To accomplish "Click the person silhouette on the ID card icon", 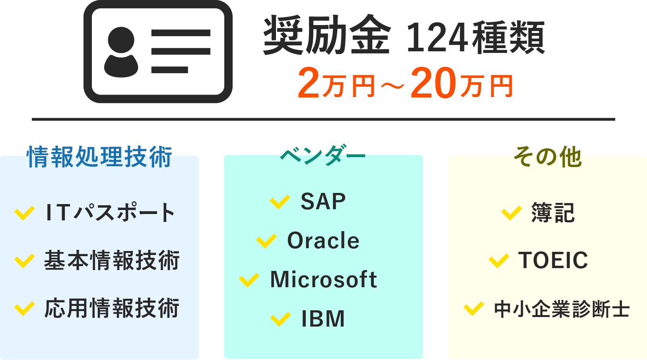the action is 121,52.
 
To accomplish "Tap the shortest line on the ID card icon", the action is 169,70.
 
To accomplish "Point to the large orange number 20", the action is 433,83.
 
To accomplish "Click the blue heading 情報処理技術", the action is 100,157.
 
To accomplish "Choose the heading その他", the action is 548,157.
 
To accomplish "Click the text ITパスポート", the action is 110,213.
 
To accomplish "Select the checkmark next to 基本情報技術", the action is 25,261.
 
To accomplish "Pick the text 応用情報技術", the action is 112,308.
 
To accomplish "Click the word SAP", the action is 323,201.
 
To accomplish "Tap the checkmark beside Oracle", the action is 266,241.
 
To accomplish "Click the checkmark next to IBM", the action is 280,319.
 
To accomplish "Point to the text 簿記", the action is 553,213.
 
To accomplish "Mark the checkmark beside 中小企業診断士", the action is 474,308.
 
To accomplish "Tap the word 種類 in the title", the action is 508,37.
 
